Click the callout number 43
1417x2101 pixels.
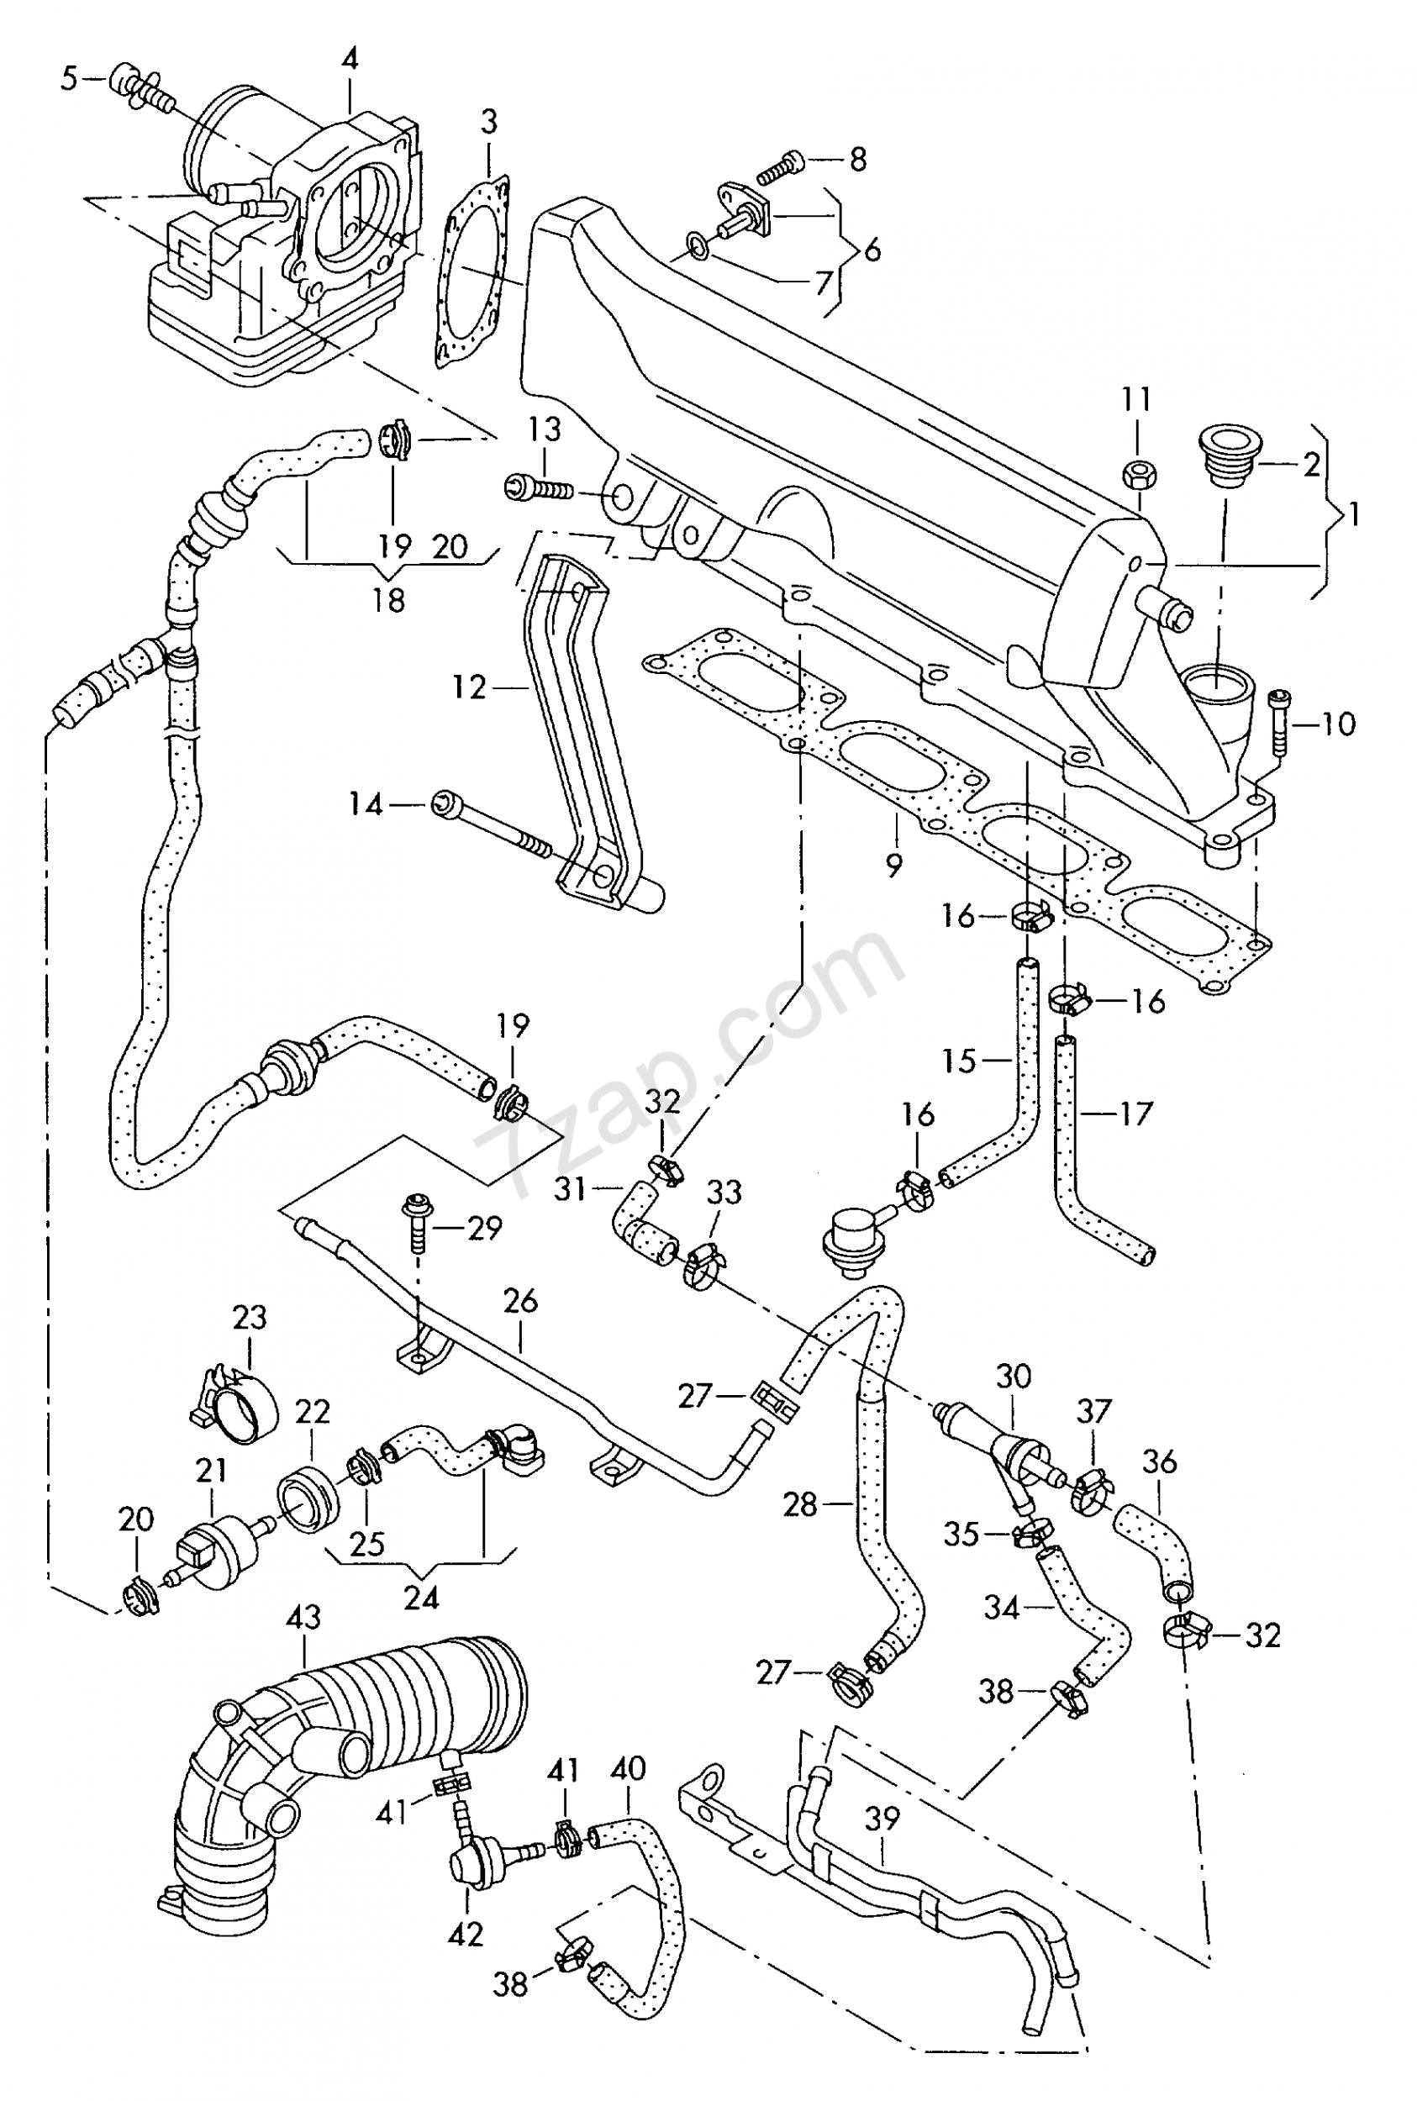click(303, 1616)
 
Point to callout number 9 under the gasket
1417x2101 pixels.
click(893, 865)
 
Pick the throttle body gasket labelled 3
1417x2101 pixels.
click(470, 271)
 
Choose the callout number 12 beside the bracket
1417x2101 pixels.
click(469, 687)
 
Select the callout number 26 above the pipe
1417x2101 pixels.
click(520, 1300)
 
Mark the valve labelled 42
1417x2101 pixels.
click(471, 1862)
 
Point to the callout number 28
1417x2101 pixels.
click(800, 1504)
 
